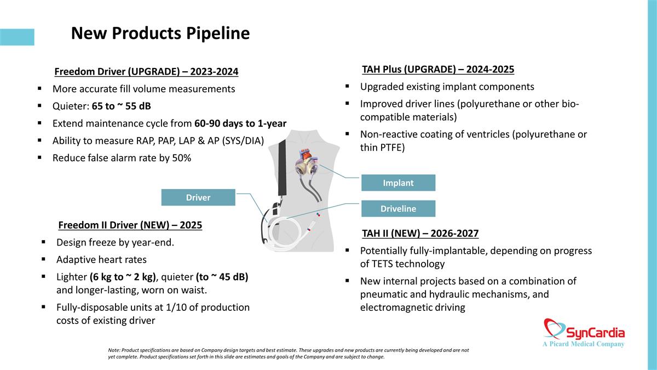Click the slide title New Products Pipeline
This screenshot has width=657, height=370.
160,33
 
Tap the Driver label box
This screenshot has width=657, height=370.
198,197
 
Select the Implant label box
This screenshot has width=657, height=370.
399,183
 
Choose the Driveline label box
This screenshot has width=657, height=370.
399,208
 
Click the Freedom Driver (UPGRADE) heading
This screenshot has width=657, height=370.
146,72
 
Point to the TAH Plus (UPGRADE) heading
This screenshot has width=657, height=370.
438,69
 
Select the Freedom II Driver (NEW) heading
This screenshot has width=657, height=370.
130,225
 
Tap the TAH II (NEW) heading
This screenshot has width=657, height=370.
420,234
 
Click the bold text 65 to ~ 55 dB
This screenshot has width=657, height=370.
121,106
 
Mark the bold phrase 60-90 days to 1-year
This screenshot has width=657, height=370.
240,123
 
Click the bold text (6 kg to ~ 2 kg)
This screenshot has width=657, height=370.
123,277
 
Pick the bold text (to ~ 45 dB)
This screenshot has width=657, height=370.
222,277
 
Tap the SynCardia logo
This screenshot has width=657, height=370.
584,333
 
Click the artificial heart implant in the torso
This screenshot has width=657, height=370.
307,164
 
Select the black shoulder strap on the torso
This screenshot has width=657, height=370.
282,167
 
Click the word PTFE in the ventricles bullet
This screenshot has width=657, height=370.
393,147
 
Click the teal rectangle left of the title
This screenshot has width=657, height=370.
17,37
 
